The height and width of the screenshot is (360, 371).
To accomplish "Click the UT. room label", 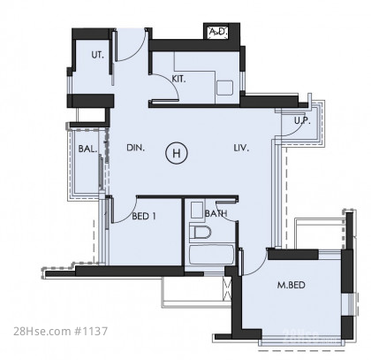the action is [97, 55].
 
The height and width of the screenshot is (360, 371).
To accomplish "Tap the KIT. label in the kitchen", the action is [178, 79].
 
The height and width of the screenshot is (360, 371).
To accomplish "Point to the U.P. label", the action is [302, 120].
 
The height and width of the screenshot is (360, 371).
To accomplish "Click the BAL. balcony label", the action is [87, 149].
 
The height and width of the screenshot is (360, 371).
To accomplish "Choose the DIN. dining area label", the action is [136, 148].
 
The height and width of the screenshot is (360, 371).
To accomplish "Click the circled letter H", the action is [177, 153].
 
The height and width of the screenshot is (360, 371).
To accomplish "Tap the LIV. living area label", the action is [241, 148].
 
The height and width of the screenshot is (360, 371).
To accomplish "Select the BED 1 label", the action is [144, 216].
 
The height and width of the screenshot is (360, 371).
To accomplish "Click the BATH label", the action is [216, 213].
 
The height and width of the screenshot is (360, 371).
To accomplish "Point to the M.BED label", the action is [291, 285].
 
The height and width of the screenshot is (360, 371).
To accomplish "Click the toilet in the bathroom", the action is [201, 233].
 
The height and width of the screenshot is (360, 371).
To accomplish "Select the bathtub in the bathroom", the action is [212, 255].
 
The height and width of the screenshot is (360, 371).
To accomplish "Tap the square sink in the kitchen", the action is [225, 88].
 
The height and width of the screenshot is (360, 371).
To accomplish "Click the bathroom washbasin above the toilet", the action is [197, 210].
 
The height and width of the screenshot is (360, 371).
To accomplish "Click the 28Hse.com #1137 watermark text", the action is [60, 331].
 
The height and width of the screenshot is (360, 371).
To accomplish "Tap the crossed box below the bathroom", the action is [228, 288].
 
